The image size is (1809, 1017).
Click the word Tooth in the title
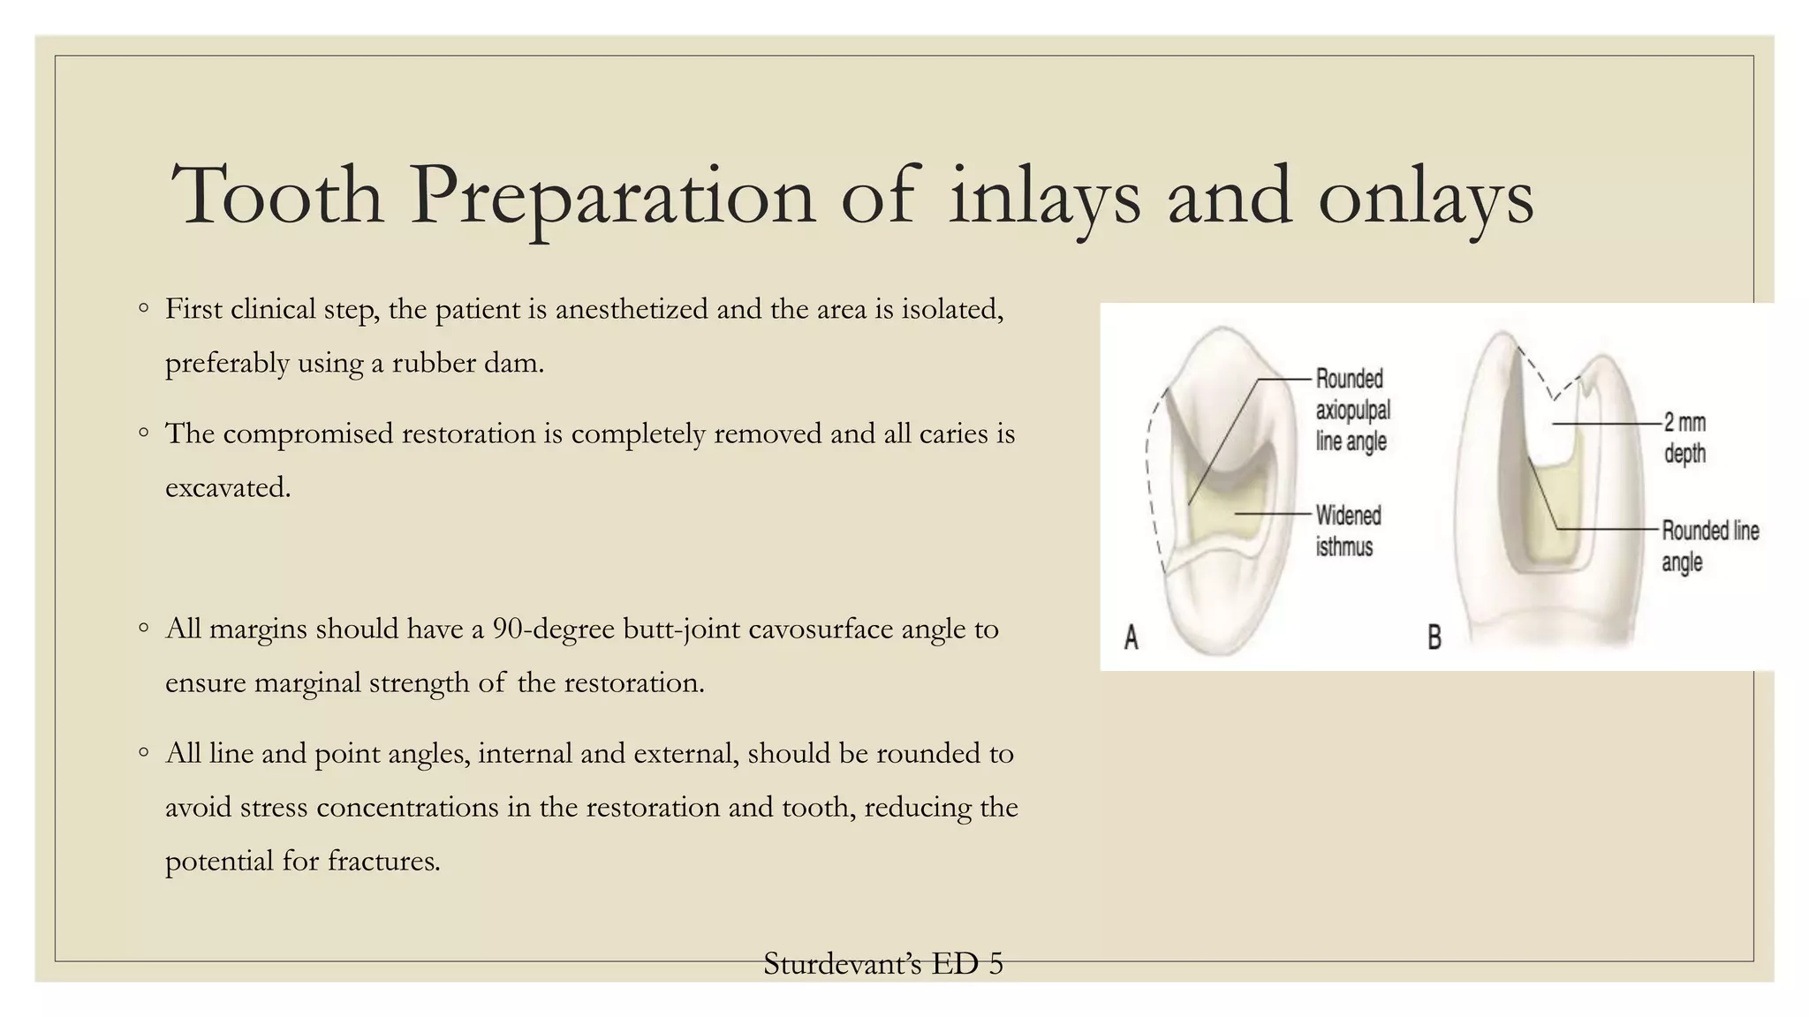(277, 195)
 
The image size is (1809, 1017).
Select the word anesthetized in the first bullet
(632, 310)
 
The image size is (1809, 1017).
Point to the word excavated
(228, 487)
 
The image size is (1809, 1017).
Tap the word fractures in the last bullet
(383, 861)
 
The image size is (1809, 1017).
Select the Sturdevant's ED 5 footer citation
(883, 964)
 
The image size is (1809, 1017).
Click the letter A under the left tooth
(1132, 637)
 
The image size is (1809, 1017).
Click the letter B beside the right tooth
(1434, 637)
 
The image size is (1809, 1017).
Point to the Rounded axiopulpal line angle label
(1352, 410)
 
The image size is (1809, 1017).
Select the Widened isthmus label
(1348, 531)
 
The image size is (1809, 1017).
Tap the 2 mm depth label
(1684, 438)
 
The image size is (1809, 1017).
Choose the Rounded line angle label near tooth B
(1709, 546)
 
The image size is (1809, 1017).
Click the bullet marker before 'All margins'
(144, 629)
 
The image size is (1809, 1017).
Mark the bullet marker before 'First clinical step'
(144, 309)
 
